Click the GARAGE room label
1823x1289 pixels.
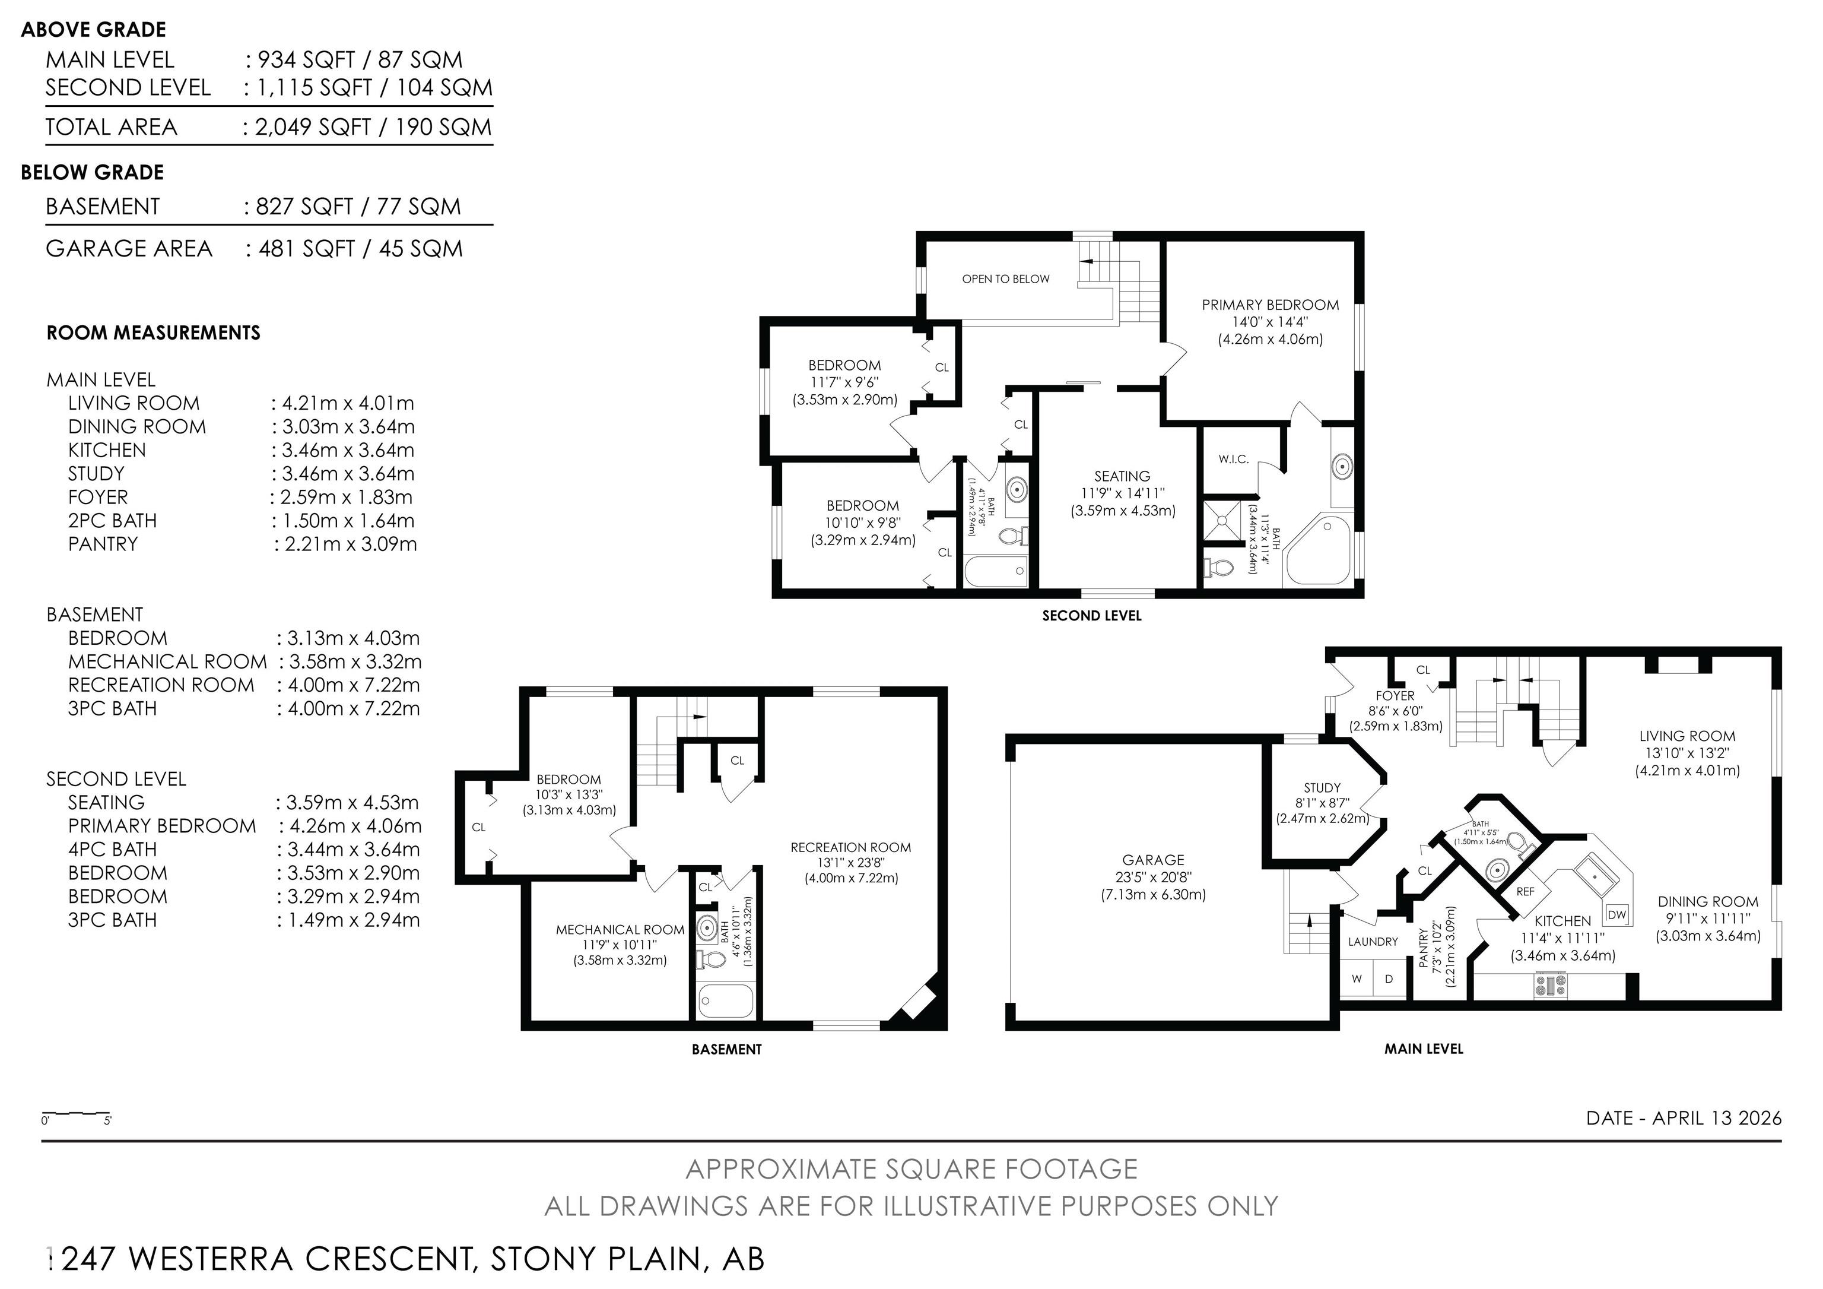pyautogui.click(x=1153, y=860)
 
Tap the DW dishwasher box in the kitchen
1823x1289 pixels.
pyautogui.click(x=1617, y=915)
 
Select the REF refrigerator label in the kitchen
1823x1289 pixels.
pyautogui.click(x=1525, y=892)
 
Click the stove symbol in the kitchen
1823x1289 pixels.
pyautogui.click(x=1551, y=986)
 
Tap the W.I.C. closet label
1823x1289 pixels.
pyautogui.click(x=1233, y=459)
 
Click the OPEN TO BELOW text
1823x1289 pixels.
pyautogui.click(x=1005, y=279)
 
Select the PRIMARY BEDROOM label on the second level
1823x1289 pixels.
pyautogui.click(x=1269, y=305)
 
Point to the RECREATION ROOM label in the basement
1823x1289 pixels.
pyautogui.click(x=850, y=847)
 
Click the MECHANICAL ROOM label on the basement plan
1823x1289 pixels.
pyautogui.click(x=620, y=929)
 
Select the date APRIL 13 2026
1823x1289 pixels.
pyautogui.click(x=1717, y=1118)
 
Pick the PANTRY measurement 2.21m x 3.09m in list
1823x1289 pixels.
pyautogui.click(x=345, y=544)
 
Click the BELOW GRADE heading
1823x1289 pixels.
pyautogui.click(x=92, y=172)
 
